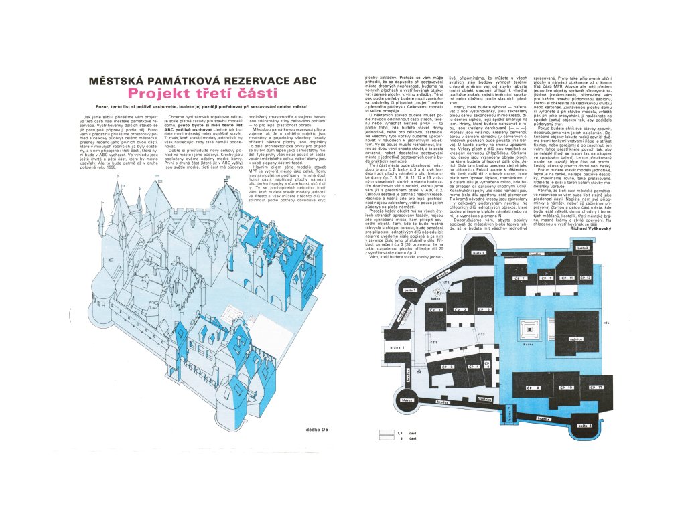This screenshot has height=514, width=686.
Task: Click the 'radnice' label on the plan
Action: click(x=575, y=339)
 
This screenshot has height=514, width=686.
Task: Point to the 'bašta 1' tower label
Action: click(x=411, y=290)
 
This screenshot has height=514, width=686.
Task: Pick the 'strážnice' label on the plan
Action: click(x=485, y=399)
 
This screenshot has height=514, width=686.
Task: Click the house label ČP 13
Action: click(x=596, y=387)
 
